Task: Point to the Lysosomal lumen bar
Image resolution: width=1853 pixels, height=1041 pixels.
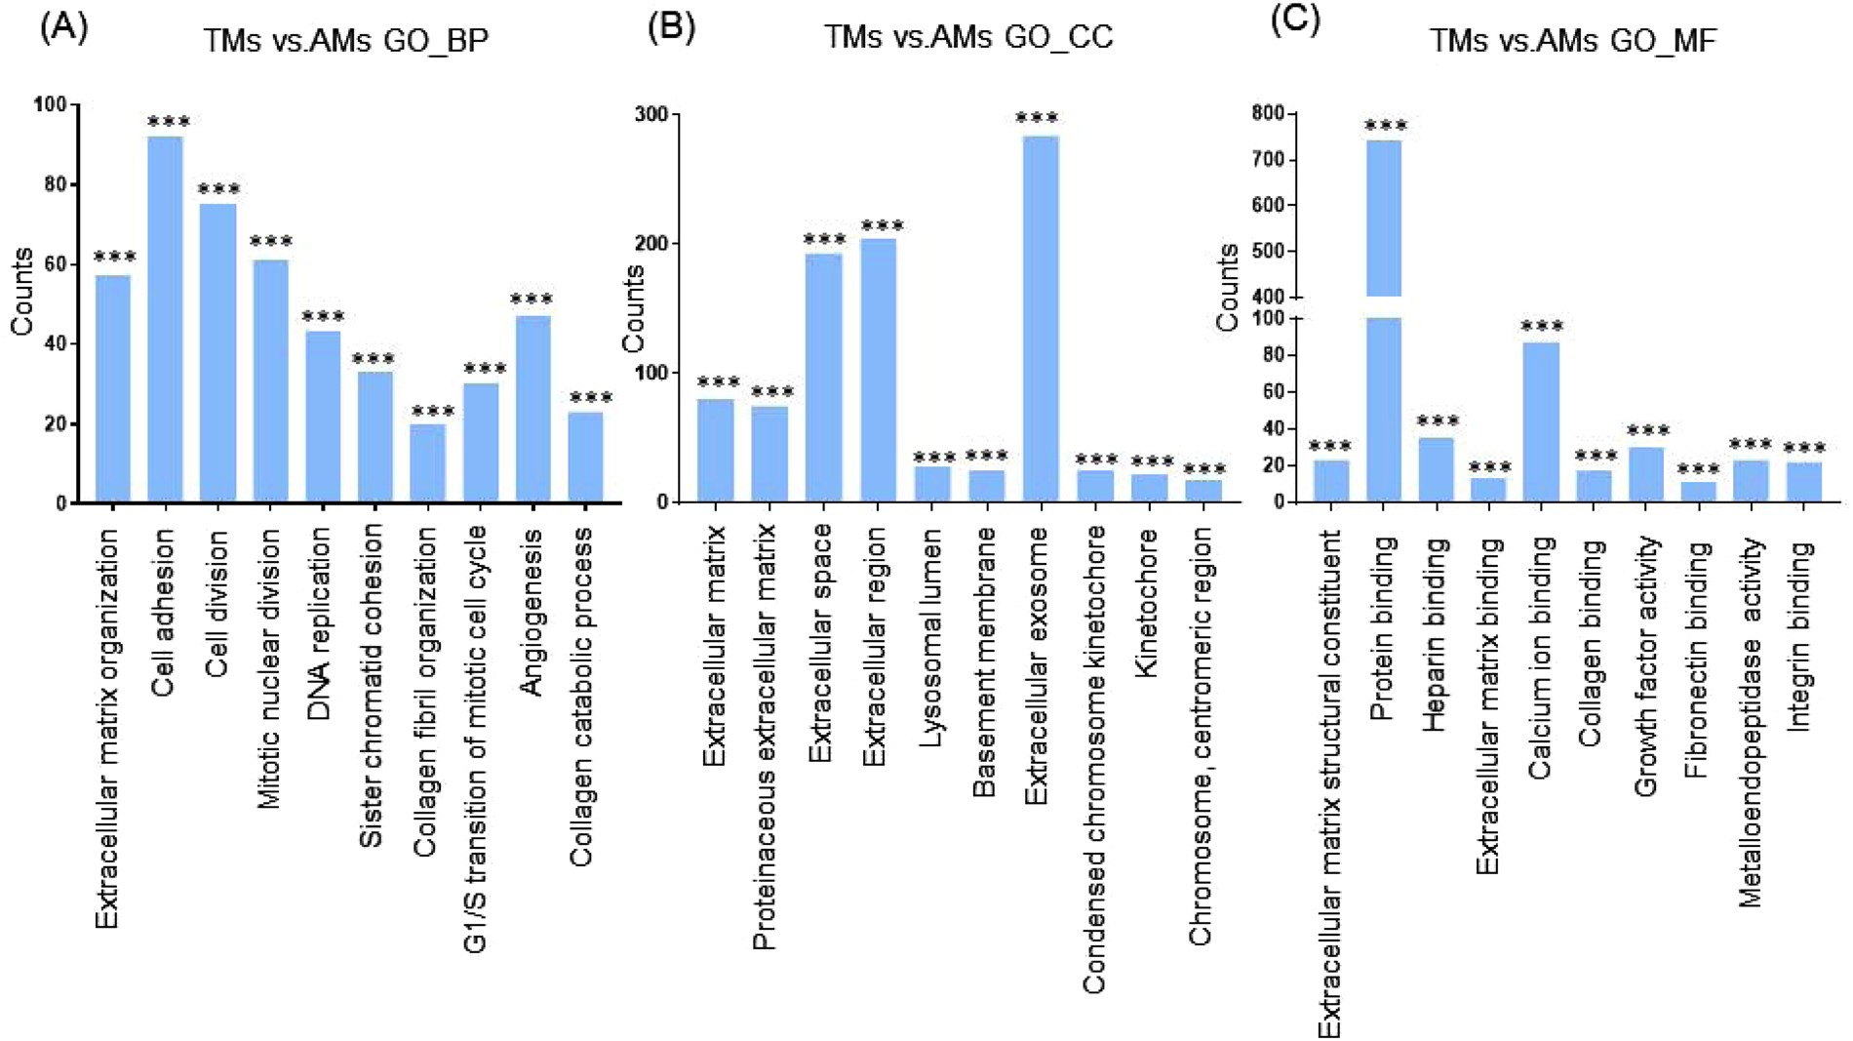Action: pos(933,484)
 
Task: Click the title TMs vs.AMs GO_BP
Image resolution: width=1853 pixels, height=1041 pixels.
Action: pos(345,41)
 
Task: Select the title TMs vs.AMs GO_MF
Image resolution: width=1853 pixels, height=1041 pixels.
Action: pos(1572,41)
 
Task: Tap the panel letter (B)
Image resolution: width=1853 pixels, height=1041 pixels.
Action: pos(671,26)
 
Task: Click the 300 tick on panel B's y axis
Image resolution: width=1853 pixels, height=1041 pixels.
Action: pos(651,114)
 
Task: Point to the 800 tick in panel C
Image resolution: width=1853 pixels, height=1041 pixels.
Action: pos(1268,113)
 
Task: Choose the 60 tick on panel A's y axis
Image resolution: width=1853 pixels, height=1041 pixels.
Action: pos(56,263)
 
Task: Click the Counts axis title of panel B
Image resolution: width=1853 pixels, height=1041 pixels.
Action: pos(634,308)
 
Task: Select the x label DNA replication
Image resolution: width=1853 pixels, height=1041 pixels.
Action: pos(321,624)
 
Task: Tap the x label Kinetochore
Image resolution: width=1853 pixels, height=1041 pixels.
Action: pos(1148,603)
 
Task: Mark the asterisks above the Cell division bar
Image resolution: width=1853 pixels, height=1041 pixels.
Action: pos(218,188)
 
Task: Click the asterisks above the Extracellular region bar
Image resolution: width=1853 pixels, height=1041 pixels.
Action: pos(882,225)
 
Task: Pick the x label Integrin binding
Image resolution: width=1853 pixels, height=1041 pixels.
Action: pos(1799,636)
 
